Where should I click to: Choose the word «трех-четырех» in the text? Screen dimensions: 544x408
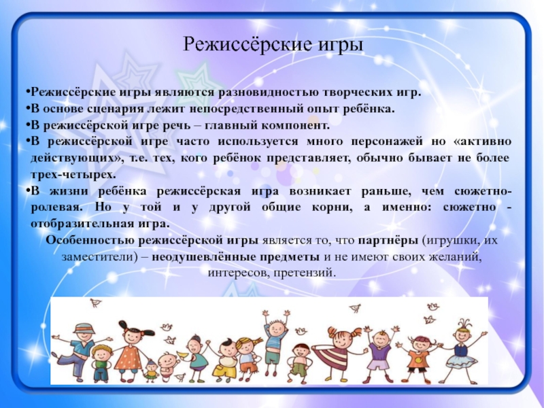pos(73,175)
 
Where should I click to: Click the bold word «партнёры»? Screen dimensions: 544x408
pos(388,241)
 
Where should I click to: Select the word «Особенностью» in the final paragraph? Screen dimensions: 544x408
pos(90,241)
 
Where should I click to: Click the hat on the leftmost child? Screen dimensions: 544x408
pos(84,328)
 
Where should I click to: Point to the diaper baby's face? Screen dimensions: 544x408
pos(167,360)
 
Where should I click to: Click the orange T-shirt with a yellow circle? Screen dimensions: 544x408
pos(418,359)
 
